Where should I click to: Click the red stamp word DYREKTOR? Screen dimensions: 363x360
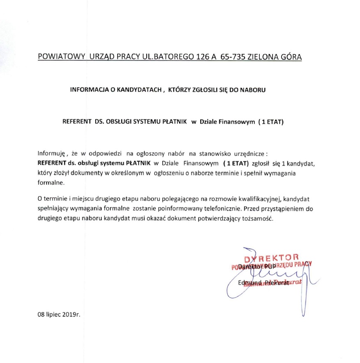tap(271, 258)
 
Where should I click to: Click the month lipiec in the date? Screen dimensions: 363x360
tap(53, 315)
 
